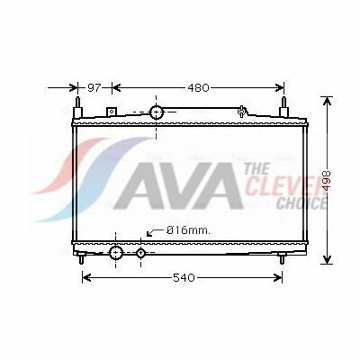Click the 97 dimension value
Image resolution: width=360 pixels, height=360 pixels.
(94, 88)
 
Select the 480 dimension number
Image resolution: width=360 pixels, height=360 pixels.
(198, 88)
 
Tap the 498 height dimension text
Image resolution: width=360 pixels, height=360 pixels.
(328, 180)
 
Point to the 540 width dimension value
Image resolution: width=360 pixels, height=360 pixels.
(184, 278)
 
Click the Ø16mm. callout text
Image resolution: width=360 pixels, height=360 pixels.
(188, 230)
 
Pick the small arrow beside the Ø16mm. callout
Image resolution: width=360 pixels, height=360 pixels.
(154, 231)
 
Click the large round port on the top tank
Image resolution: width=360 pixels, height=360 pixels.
(157, 112)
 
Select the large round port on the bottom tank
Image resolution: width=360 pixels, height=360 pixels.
(116, 253)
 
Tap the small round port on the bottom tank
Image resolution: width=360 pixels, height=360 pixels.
(140, 254)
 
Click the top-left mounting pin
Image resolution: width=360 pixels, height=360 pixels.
(78, 107)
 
